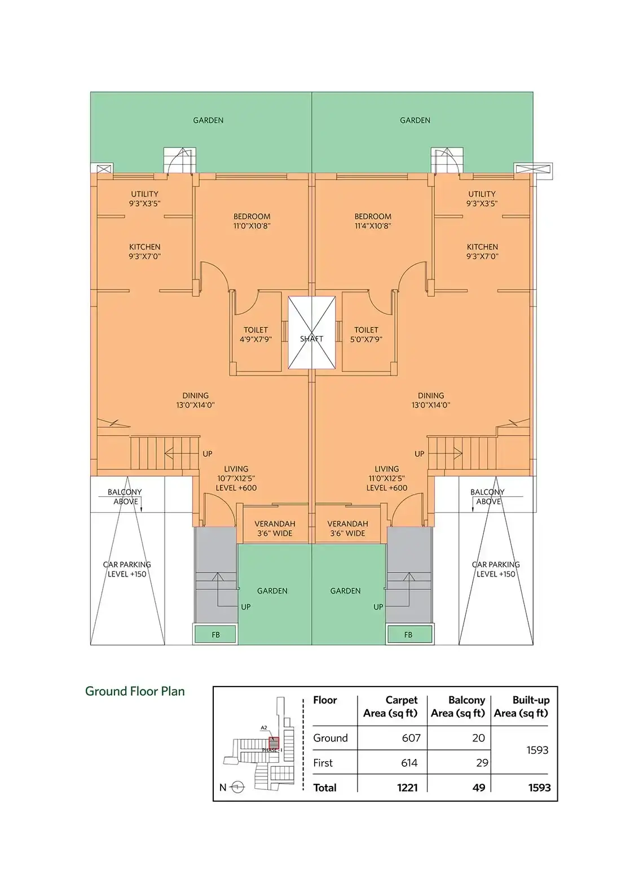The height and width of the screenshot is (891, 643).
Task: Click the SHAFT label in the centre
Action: (x=311, y=339)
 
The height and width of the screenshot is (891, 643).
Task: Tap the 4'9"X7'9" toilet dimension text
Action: (x=256, y=340)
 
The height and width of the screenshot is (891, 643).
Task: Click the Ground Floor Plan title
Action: (x=135, y=691)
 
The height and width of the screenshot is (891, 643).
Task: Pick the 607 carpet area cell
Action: (x=411, y=738)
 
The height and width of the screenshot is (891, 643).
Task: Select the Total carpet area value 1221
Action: (x=407, y=788)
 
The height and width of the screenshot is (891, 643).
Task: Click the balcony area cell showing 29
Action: (x=482, y=762)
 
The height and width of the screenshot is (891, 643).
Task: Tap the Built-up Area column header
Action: (x=522, y=706)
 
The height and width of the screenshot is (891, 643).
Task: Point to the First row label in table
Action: (x=323, y=762)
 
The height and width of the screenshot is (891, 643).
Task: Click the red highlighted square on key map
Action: (x=274, y=742)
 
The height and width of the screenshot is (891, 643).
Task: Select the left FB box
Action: (x=215, y=635)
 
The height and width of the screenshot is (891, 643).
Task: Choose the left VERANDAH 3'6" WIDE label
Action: (x=275, y=529)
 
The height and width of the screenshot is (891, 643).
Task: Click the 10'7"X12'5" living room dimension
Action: (x=236, y=478)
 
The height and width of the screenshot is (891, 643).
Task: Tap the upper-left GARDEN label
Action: (x=208, y=120)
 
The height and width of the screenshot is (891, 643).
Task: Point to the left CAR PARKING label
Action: (x=127, y=565)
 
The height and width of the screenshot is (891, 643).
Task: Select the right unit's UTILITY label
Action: (x=482, y=194)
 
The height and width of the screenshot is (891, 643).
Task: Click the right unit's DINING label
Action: (x=431, y=396)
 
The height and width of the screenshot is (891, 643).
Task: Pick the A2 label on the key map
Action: (x=264, y=727)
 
